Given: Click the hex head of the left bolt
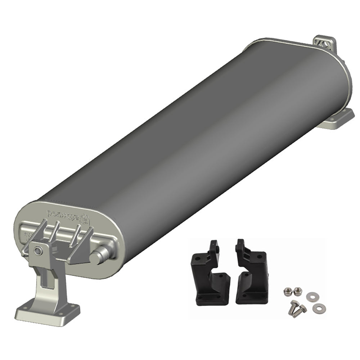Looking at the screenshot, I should tap(294, 303).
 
